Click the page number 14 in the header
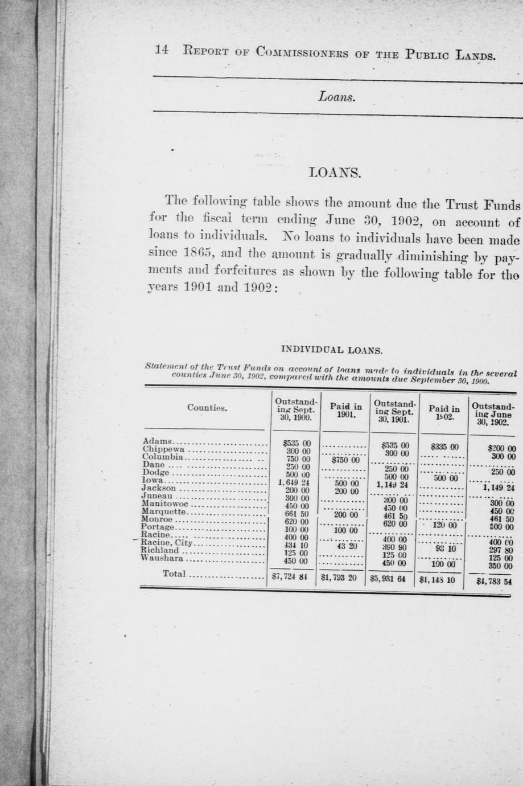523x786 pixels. coord(162,50)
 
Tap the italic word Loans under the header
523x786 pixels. coord(337,97)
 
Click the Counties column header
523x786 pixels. coord(207,408)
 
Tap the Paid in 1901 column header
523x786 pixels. coord(346,411)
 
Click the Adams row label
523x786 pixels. coord(157,441)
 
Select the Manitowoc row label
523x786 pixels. coord(165,503)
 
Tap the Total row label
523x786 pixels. coord(174,574)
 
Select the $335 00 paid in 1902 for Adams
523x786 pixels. coord(444,447)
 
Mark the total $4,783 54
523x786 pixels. coord(495,582)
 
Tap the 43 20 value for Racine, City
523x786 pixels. coord(347,545)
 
